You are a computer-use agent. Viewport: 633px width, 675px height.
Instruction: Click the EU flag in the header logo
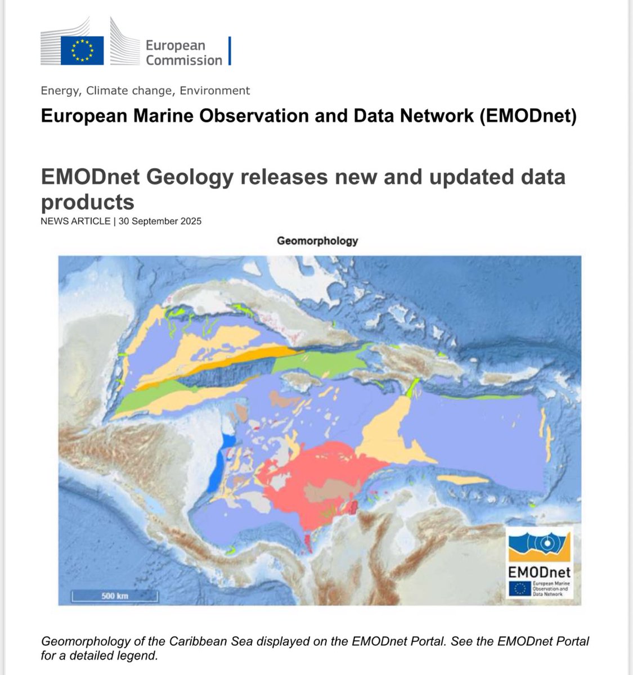pyautogui.click(x=82, y=51)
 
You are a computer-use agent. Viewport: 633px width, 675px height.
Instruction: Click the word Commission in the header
pyautogui.click(x=184, y=60)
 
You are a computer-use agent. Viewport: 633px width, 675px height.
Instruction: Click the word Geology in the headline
pyautogui.click(x=187, y=177)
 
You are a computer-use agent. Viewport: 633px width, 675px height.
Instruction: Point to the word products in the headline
pyautogui.click(x=88, y=201)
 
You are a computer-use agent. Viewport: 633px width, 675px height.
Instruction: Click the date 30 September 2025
pyautogui.click(x=160, y=221)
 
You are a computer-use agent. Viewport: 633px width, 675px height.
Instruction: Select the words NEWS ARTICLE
pyautogui.click(x=75, y=221)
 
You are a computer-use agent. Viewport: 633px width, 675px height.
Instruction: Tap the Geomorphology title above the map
pyautogui.click(x=317, y=241)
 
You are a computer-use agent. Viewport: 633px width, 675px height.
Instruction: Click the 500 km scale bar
pyautogui.click(x=115, y=595)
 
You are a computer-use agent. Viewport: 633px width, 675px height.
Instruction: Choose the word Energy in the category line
pyautogui.click(x=60, y=91)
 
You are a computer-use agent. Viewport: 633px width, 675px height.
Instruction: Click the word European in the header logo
pyautogui.click(x=175, y=46)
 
